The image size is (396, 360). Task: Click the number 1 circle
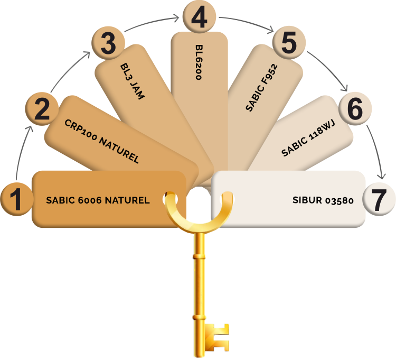point(17,199)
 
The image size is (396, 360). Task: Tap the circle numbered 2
point(42,109)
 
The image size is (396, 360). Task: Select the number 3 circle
point(108,43)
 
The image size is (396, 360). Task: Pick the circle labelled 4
point(199,17)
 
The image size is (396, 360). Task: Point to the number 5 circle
point(289,42)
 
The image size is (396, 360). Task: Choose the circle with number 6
point(355,108)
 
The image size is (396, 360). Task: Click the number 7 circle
point(379,199)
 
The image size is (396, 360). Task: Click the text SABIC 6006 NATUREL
point(98,200)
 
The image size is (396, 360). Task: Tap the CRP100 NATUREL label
point(102,141)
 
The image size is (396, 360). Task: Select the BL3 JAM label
point(133,81)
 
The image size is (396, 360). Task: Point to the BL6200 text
point(199,62)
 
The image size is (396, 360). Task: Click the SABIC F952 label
point(262,88)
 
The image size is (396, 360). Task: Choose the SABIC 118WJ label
point(308,138)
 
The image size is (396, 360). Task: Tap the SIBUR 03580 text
point(323,200)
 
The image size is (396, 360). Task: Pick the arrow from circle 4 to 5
point(248,22)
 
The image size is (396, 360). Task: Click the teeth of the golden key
point(217,337)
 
